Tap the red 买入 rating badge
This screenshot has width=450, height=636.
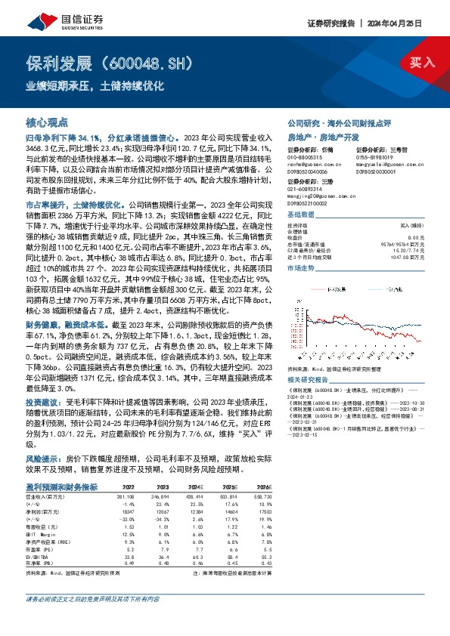coord(423,63)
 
